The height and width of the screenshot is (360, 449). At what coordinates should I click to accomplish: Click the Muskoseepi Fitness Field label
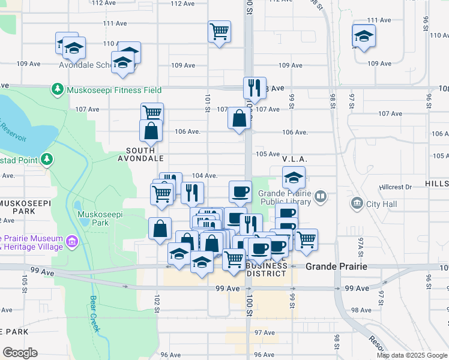click(x=114, y=90)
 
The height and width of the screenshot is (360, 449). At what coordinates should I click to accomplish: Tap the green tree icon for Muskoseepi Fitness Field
click(x=58, y=89)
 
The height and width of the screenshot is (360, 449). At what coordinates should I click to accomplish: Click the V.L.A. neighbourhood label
click(x=295, y=158)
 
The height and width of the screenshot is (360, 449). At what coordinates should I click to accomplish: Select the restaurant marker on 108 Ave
click(x=255, y=88)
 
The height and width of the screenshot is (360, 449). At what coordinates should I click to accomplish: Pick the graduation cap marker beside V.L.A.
click(x=294, y=178)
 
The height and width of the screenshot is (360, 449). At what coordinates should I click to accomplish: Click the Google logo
click(x=20, y=352)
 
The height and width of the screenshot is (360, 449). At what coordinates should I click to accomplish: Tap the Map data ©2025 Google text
click(x=412, y=355)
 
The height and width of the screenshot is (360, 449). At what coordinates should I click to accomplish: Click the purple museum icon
click(x=73, y=242)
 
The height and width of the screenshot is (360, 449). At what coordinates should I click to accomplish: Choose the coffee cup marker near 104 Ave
click(x=240, y=191)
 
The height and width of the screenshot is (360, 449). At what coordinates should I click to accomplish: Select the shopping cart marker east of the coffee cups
click(x=307, y=239)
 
